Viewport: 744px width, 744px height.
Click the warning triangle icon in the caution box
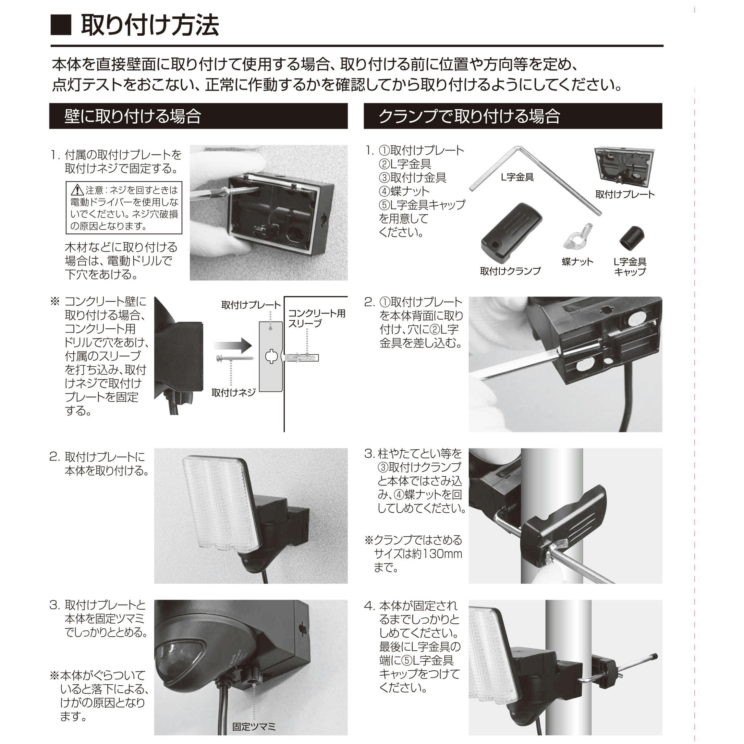[77, 190]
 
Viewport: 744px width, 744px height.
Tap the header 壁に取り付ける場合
[132, 116]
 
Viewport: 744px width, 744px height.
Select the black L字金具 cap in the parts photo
[631, 238]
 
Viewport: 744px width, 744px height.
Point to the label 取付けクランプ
[510, 271]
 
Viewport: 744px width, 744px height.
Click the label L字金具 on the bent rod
[517, 177]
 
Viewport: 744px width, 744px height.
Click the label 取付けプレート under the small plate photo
[625, 194]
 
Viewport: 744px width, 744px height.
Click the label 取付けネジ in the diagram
[233, 392]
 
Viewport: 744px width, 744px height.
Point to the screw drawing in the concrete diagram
[235, 358]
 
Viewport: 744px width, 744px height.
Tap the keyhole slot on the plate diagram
[271, 356]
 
